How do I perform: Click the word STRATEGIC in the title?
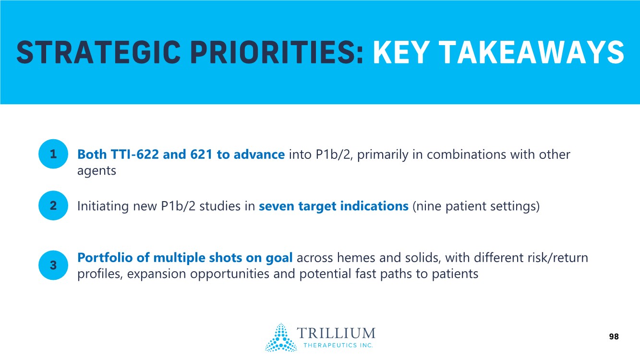click(x=98, y=52)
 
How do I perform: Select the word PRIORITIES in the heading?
click(x=277, y=52)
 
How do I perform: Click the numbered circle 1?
click(x=53, y=154)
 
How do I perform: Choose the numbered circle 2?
click(x=53, y=205)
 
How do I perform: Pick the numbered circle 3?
click(x=53, y=265)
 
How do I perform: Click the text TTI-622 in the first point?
click(x=134, y=155)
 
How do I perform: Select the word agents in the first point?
click(x=97, y=171)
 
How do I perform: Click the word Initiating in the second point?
click(x=103, y=206)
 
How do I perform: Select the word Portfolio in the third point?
click(x=105, y=257)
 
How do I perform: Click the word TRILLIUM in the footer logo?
click(x=336, y=333)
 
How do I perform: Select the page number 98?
click(x=614, y=336)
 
